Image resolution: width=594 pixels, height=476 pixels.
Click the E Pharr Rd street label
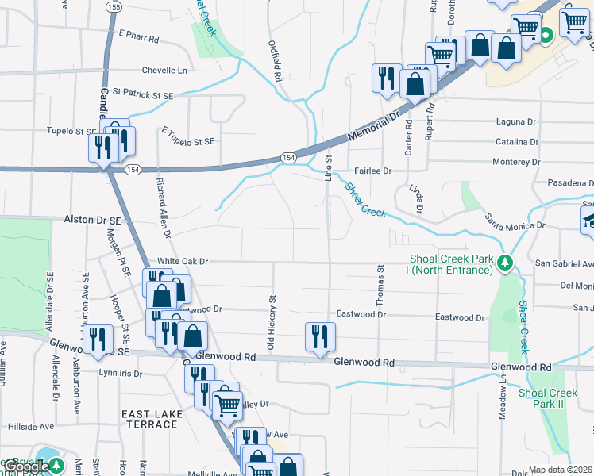(138, 38)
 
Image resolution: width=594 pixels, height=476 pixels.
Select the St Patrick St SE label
(143, 95)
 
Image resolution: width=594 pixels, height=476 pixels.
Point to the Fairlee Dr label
(372, 171)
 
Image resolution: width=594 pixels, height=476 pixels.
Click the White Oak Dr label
(182, 260)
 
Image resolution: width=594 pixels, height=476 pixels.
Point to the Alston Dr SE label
(92, 219)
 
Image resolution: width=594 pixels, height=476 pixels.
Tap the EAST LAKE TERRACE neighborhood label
(149, 419)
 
